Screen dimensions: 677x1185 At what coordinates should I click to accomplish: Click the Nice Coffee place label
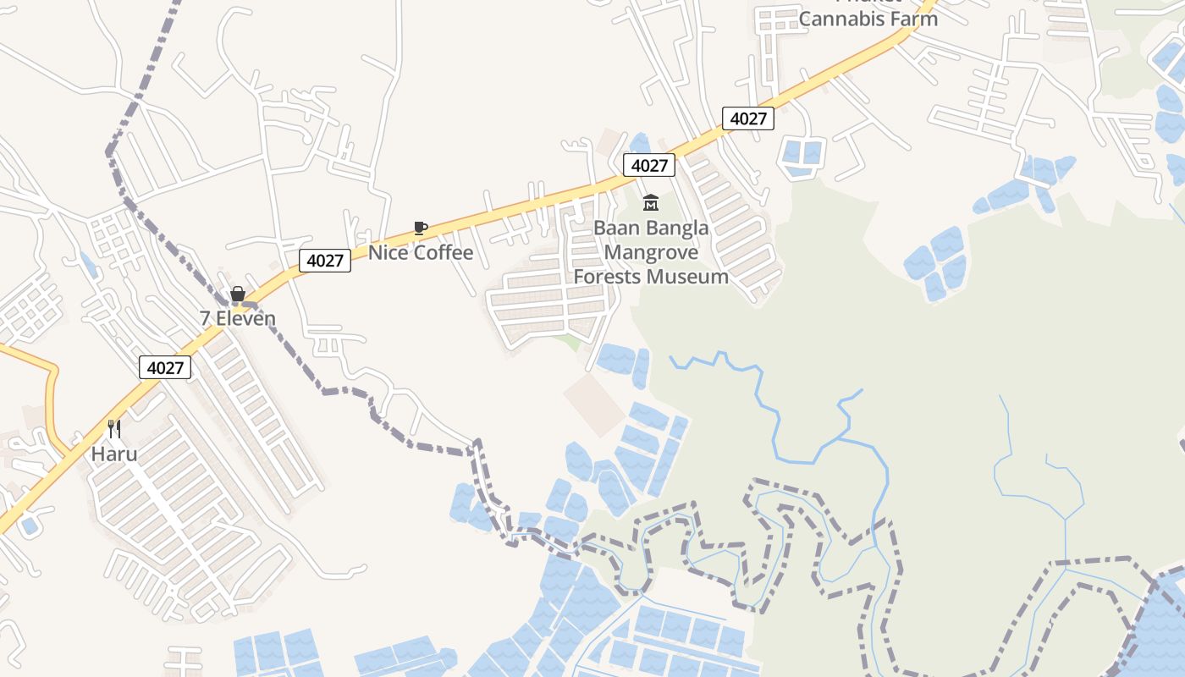[x=420, y=252]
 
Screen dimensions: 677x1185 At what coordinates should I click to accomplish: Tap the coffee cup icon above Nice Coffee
[x=420, y=228]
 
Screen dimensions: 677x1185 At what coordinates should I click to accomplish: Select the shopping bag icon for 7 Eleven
[x=238, y=294]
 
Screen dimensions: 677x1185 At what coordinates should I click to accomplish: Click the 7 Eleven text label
[x=238, y=318]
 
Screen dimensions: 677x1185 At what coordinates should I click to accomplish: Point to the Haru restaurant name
[x=114, y=454]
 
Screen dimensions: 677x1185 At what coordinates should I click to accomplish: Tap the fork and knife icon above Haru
[x=114, y=429]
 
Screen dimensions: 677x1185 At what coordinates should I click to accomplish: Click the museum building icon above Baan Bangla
[x=650, y=202]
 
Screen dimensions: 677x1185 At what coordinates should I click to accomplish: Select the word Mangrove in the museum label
[x=651, y=252]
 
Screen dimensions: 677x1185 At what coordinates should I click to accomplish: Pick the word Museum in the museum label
[x=695, y=277]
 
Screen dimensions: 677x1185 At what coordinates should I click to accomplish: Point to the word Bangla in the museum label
[x=679, y=228]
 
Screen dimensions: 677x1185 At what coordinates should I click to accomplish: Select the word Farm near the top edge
[x=918, y=19]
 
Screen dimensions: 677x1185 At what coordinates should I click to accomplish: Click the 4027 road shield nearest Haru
[x=165, y=367]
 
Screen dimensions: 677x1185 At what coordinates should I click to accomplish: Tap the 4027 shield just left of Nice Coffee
[x=325, y=260]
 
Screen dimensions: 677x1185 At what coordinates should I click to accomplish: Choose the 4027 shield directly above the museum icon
[x=649, y=165]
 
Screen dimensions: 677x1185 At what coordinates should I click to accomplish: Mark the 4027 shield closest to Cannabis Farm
[x=748, y=118]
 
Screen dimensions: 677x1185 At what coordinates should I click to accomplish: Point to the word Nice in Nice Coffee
[x=385, y=252]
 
